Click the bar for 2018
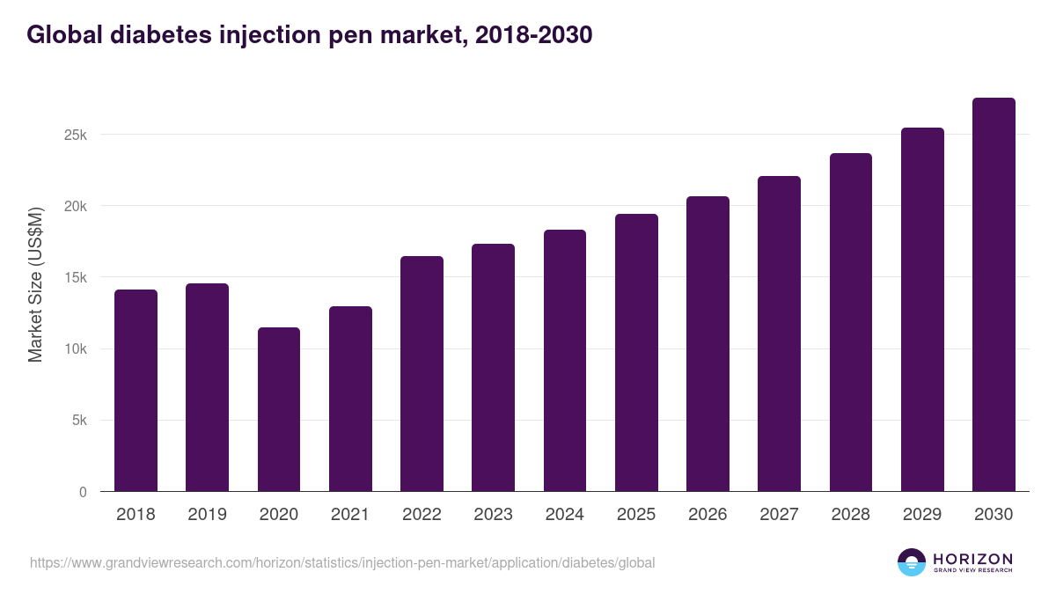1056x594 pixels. point(136,391)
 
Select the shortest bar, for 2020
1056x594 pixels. point(279,409)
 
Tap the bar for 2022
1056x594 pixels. point(422,374)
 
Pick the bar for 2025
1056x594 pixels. point(636,353)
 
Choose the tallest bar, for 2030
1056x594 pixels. point(994,295)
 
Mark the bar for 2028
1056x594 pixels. point(851,322)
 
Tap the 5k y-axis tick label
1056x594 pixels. point(77,421)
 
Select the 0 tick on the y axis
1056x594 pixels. point(83,492)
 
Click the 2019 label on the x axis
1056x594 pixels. point(208,515)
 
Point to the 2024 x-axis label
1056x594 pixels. point(564,515)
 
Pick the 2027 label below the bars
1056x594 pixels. point(779,515)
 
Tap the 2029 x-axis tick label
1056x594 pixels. point(922,515)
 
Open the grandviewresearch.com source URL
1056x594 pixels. point(342,562)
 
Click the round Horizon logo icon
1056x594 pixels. point(912,562)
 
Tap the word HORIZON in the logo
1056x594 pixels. point(972,559)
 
